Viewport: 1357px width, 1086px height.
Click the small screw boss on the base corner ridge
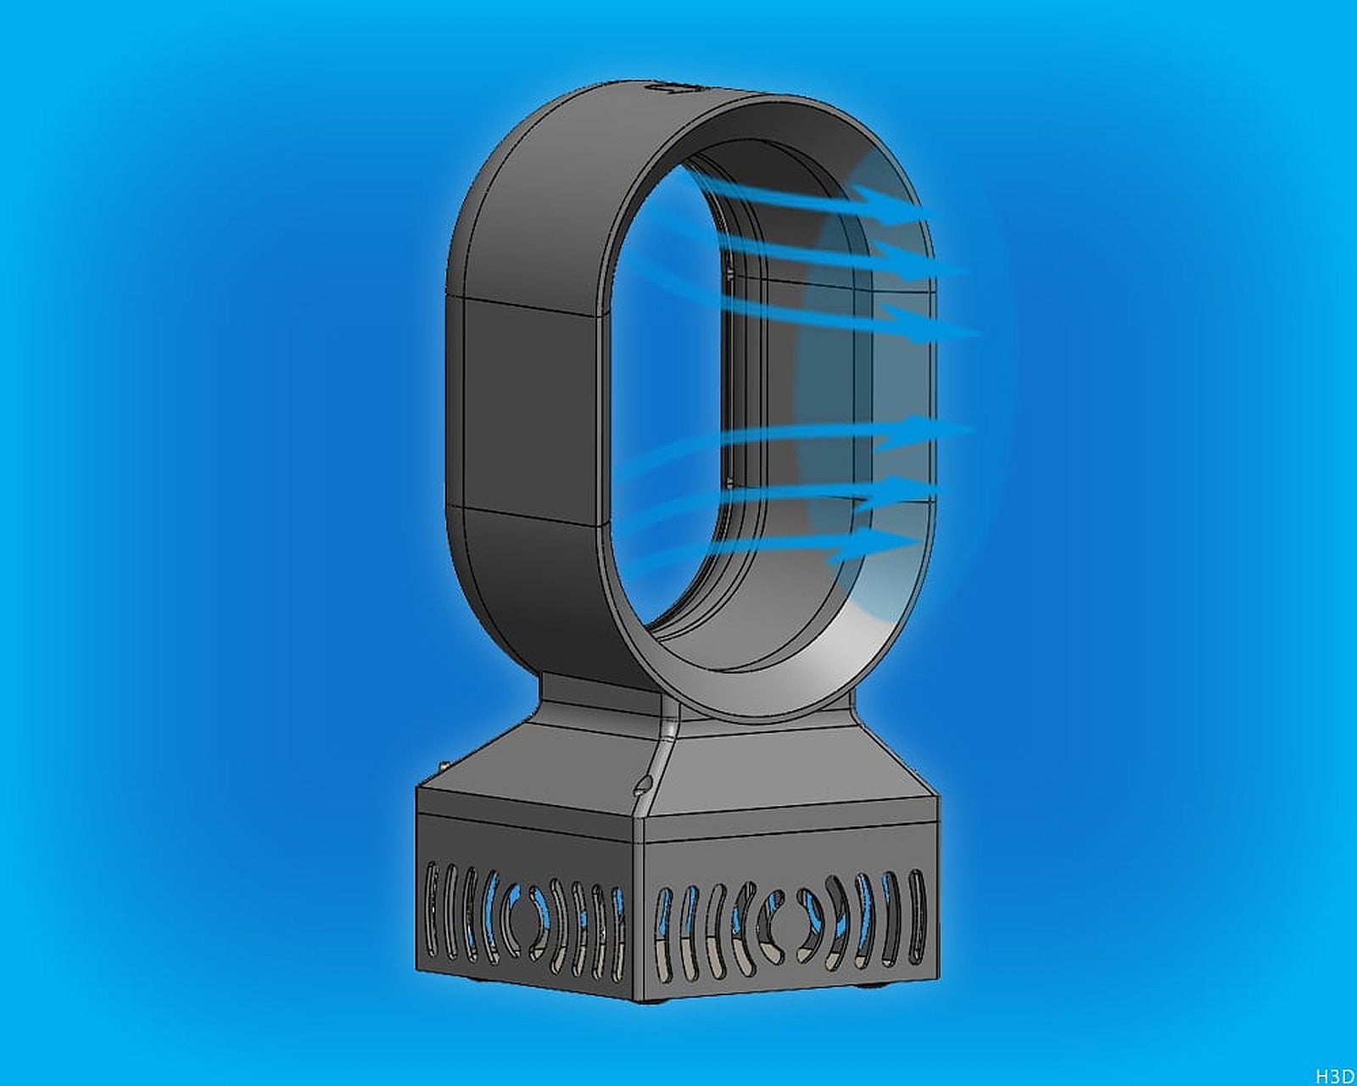coord(644,783)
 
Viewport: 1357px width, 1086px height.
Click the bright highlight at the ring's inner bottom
coord(814,653)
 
